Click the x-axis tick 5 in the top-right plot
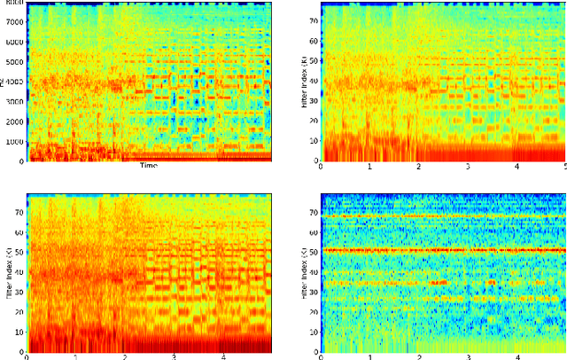564,168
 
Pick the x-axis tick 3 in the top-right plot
468,168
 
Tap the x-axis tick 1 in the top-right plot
369,168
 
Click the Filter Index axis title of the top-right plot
304,84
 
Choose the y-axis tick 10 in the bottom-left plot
19,332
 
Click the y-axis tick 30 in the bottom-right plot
314,292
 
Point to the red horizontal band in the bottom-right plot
443,250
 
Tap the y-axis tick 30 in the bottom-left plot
19,292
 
